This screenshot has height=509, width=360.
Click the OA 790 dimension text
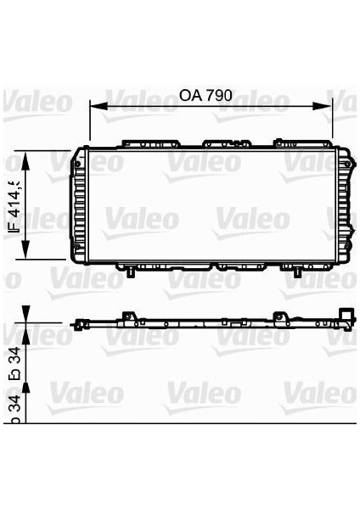205,96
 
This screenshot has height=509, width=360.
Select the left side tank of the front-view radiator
82,205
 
